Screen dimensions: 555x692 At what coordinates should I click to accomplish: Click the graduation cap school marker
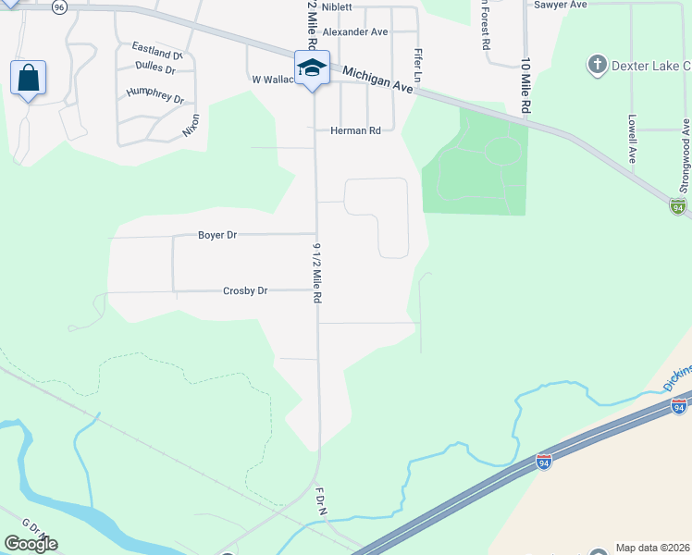pos(312,68)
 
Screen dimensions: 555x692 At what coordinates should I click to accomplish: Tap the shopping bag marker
pos(28,78)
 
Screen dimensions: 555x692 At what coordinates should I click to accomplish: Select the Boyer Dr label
pos(217,235)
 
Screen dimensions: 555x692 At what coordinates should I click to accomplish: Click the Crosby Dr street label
pos(245,290)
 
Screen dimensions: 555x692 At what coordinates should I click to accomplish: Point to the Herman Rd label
pos(355,131)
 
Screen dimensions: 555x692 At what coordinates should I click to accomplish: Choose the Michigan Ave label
pos(376,79)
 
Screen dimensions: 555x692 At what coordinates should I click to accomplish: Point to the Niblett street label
pos(337,6)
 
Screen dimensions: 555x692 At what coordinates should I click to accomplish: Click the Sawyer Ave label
pos(561,5)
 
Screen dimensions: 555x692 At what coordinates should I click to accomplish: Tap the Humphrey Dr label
pos(155,95)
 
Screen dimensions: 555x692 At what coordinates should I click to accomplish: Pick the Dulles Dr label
pos(154,68)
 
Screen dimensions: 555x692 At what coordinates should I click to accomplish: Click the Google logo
pos(31,544)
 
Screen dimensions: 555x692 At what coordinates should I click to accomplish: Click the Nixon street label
pos(191,125)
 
